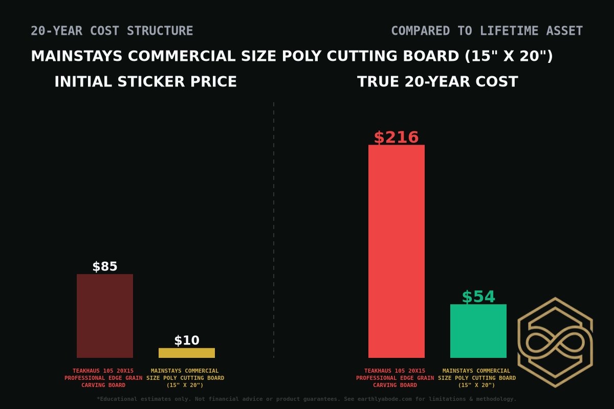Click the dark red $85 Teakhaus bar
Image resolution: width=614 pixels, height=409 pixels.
pyautogui.click(x=105, y=316)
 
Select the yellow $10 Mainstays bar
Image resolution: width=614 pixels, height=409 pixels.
pyautogui.click(x=187, y=353)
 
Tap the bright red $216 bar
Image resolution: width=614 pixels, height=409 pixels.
pyautogui.click(x=397, y=251)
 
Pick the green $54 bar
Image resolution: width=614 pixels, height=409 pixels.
pyautogui.click(x=478, y=331)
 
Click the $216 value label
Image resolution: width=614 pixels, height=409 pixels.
pyautogui.click(x=397, y=138)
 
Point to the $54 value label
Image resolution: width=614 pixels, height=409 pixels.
pyautogui.click(x=478, y=297)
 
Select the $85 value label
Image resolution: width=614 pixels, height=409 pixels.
pyautogui.click(x=105, y=267)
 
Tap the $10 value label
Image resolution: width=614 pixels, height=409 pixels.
pyautogui.click(x=187, y=340)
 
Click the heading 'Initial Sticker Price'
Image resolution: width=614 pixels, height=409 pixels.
pyautogui.click(x=146, y=82)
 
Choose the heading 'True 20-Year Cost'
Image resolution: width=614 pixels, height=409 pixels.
pyautogui.click(x=437, y=82)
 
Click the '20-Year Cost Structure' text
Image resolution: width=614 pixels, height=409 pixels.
pyautogui.click(x=112, y=31)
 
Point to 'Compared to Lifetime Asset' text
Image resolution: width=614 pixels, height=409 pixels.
pyautogui.click(x=487, y=31)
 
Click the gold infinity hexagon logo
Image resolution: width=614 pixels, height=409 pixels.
pyautogui.click(x=555, y=342)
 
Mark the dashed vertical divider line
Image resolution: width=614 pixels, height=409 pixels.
pyautogui.click(x=274, y=230)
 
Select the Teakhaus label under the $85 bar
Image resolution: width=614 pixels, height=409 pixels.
pyautogui.click(x=103, y=378)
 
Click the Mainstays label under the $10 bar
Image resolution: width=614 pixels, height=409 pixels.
pyautogui.click(x=185, y=378)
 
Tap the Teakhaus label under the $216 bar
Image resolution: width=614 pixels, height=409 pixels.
pyautogui.click(x=395, y=378)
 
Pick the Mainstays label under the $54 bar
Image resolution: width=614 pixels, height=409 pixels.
pyautogui.click(x=477, y=378)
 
